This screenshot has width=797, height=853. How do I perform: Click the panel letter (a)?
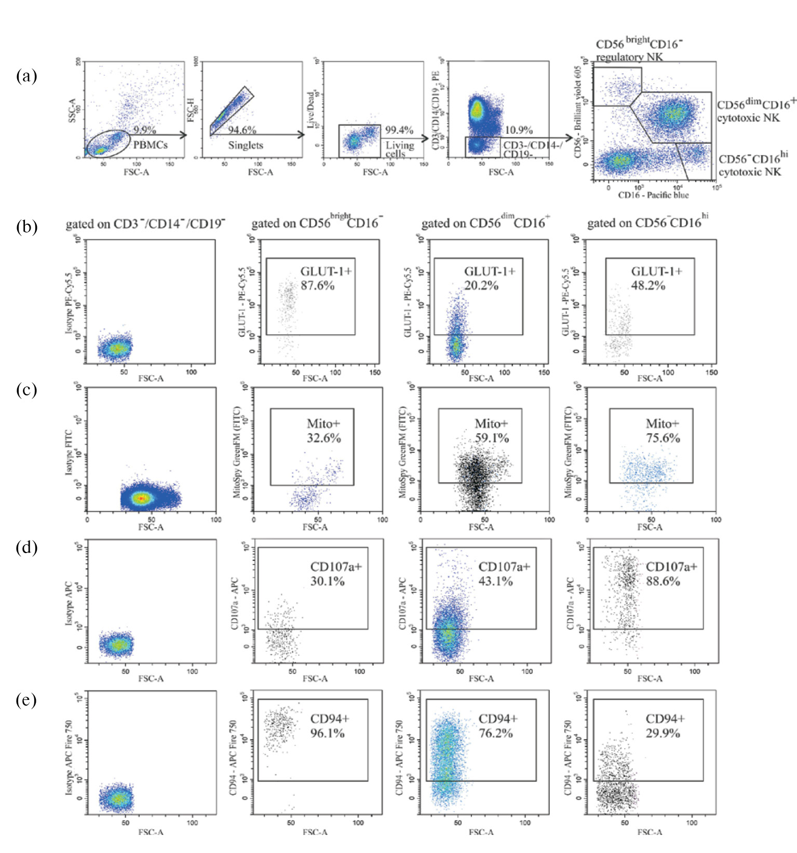tap(26, 76)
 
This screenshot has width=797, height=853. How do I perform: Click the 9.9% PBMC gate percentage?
tap(144, 130)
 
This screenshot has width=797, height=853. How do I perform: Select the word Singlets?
tap(246, 145)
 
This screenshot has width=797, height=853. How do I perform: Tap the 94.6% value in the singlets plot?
tap(242, 130)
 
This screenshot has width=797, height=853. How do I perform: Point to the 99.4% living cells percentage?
tap(399, 130)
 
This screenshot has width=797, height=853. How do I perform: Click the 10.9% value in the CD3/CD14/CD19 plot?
tap(519, 130)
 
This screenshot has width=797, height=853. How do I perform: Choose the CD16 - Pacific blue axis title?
tap(653, 195)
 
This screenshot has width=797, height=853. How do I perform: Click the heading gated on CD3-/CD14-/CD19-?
tap(145, 224)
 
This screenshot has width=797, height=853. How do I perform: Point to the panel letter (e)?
tap(26, 700)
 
